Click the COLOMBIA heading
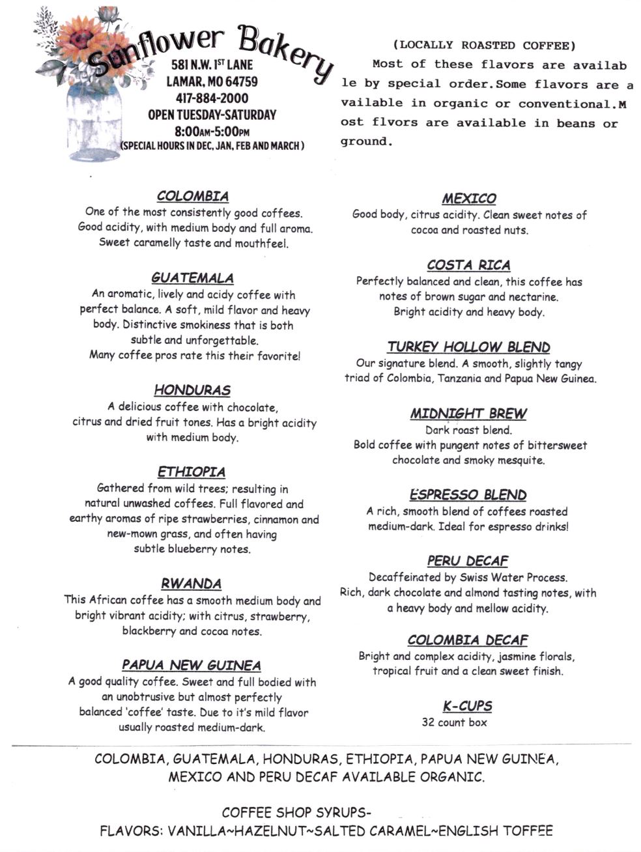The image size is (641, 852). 192,196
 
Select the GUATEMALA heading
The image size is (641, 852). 192,278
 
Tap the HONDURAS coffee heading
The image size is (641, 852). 192,390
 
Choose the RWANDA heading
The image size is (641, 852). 192,584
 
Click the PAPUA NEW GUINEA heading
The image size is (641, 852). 192,665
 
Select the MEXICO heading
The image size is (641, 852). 469,199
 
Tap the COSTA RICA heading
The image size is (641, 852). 469,265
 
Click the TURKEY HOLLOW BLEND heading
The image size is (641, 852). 469,347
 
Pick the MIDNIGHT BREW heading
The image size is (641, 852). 469,414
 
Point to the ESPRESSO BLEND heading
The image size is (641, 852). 468,495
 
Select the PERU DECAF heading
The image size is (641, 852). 468,561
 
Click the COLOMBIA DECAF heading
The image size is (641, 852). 468,640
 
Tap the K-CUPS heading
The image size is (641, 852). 468,706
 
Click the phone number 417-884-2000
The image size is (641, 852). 212,98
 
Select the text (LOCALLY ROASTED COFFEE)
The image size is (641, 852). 484,45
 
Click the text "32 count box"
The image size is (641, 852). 454,722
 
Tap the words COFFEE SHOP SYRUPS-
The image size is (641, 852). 296,813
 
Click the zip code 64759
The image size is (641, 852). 239,82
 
